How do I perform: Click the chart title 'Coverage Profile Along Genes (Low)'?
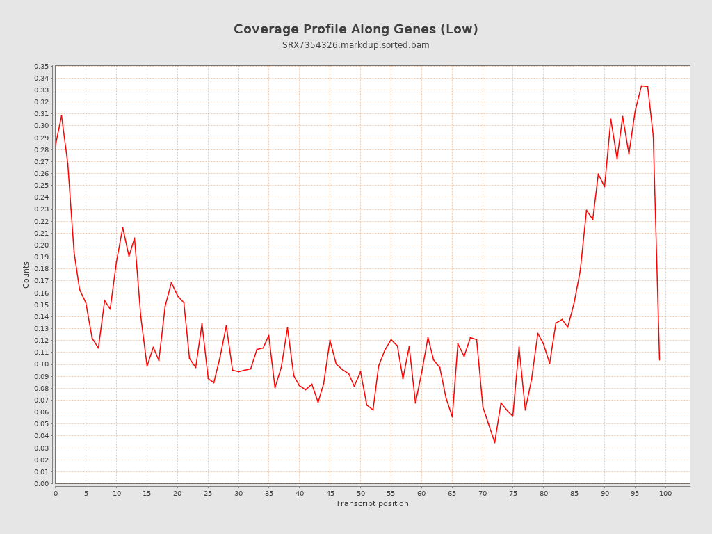[355, 29]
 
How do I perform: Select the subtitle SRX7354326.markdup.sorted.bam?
[355, 45]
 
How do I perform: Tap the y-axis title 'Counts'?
[26, 275]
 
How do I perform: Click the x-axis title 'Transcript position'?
[372, 503]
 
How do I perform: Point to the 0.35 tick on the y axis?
[41, 66]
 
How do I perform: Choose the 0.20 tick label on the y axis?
[41, 245]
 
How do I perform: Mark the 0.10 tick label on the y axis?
[41, 364]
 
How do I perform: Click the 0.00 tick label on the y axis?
[41, 483]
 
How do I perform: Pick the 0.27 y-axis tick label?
[41, 161]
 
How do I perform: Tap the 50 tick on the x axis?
[360, 493]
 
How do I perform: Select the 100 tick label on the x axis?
[665, 493]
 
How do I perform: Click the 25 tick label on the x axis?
[208, 493]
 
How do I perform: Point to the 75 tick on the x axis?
[512, 493]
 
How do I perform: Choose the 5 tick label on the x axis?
[86, 493]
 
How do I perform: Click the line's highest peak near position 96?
[641, 86]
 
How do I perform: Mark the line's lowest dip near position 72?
[494, 443]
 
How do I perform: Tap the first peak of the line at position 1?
[61, 115]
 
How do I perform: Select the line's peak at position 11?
[122, 227]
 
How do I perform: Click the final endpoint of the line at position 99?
[659, 359]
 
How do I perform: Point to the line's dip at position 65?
[452, 417]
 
